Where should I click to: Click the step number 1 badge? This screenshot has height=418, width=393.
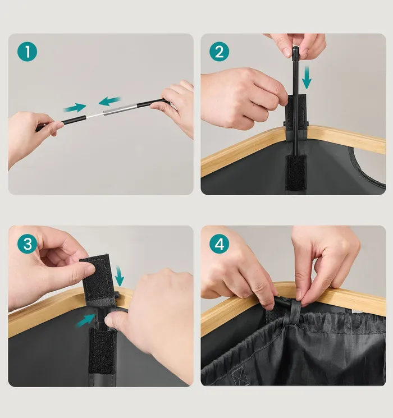click(27, 52)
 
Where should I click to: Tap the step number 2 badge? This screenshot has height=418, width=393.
click(220, 52)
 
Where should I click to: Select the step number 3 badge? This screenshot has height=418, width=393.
click(27, 244)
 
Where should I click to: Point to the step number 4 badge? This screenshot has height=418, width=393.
click(220, 244)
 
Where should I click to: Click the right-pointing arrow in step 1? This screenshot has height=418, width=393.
click(75, 108)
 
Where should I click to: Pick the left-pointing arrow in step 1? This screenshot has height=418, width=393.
click(109, 102)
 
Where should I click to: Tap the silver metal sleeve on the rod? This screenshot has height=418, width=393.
click(120, 109)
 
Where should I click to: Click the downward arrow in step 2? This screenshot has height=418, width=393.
click(307, 77)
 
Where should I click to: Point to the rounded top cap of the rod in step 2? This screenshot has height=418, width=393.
click(295, 49)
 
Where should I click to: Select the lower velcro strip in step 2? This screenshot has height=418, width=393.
click(296, 172)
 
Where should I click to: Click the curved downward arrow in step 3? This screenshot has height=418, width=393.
click(119, 276)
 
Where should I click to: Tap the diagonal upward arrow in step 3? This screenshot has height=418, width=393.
click(86, 320)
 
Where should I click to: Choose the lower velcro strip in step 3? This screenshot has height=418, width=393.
click(102, 351)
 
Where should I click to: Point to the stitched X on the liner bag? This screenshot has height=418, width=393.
click(238, 375)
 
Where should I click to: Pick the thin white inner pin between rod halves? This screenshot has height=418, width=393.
click(95, 116)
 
